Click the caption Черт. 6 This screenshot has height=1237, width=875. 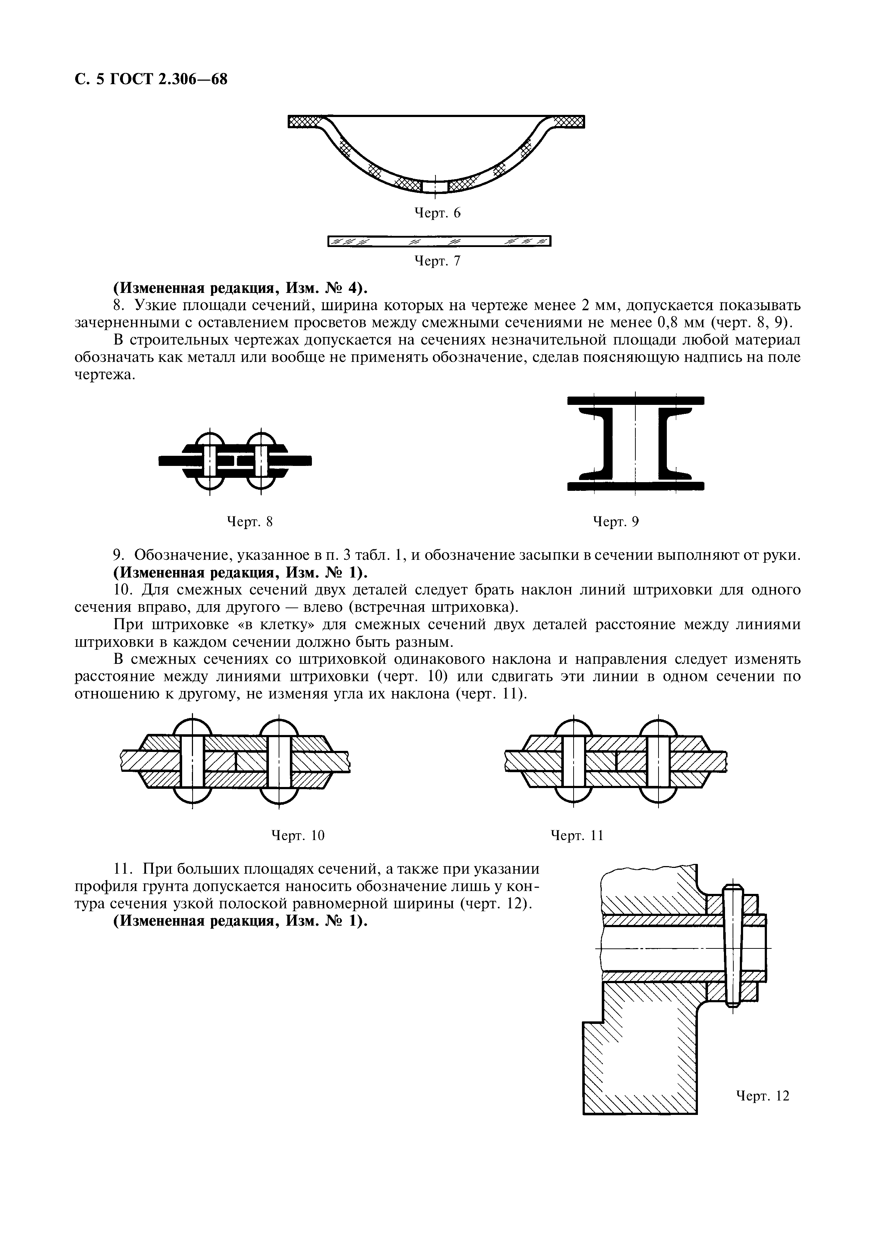437,213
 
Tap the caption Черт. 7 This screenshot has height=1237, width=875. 437,261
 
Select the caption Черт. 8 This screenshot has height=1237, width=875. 250,522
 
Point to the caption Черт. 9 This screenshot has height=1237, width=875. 616,522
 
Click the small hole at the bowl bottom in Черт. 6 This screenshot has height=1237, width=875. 434,186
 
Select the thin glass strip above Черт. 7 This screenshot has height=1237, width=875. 439,241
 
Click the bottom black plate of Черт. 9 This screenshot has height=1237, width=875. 636,486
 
